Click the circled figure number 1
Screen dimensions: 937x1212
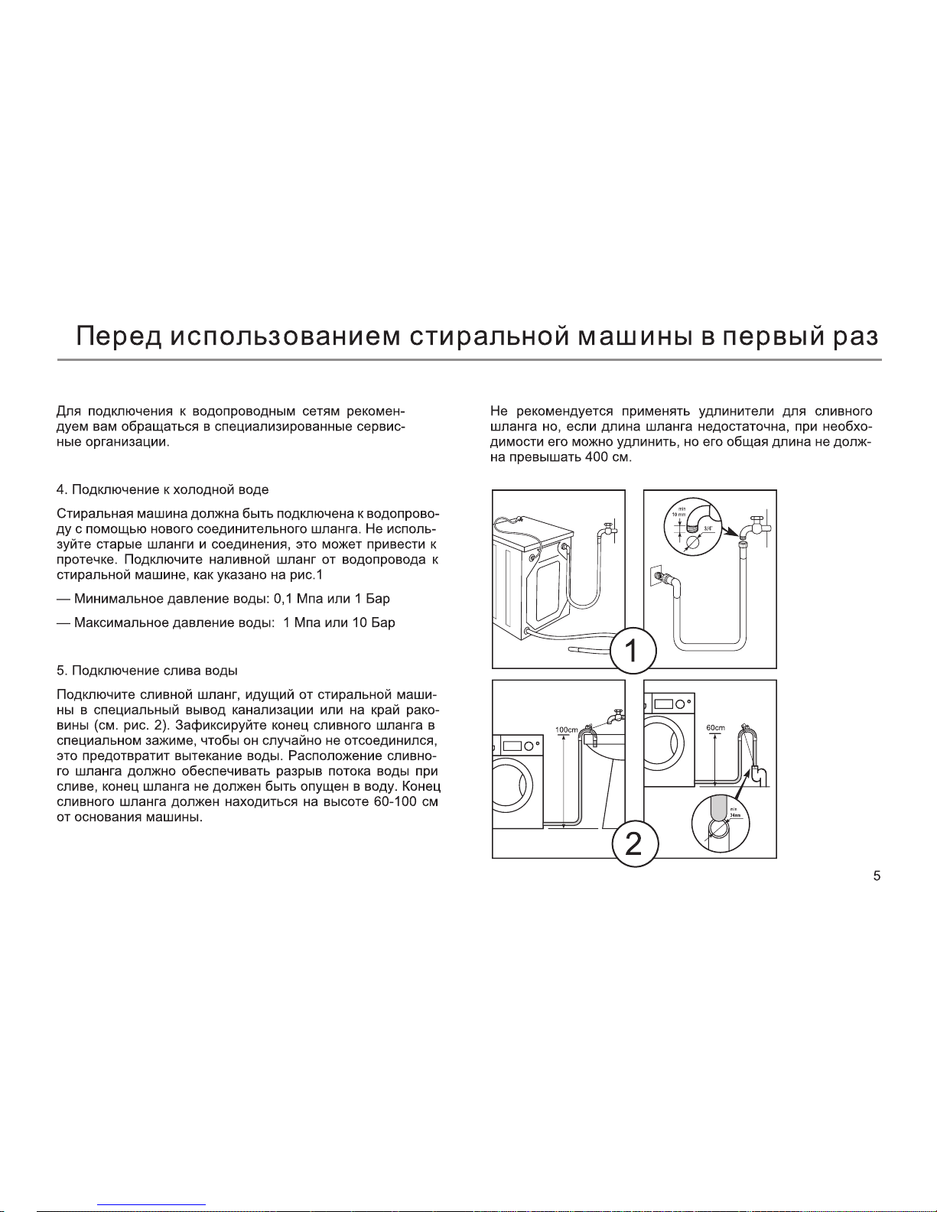(633, 650)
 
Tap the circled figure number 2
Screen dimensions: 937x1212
(636, 843)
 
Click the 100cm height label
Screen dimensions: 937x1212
(567, 729)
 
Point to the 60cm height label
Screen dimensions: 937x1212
(716, 727)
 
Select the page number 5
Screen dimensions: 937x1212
(877, 876)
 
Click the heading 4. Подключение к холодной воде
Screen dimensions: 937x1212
(162, 489)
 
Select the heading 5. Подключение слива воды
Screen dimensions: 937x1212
(147, 671)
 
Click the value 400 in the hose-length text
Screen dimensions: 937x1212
(596, 457)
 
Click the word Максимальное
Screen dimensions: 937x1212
(121, 622)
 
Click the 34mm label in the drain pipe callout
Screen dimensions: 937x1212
(734, 815)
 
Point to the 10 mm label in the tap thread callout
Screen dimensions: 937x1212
(678, 514)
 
